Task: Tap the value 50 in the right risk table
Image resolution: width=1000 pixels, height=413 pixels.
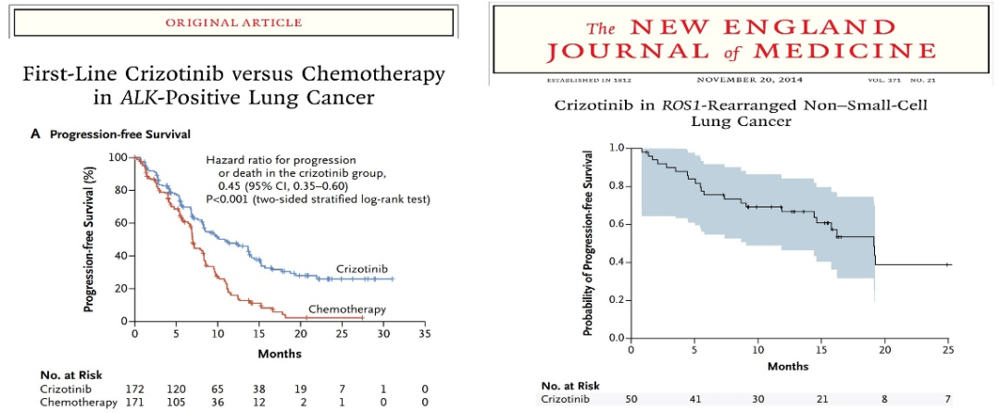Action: [630, 399]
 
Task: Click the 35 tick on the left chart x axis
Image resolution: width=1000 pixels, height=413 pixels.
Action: [425, 332]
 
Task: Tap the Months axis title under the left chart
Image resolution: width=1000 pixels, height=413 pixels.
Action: [280, 353]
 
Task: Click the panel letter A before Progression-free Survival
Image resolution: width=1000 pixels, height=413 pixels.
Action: [35, 133]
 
